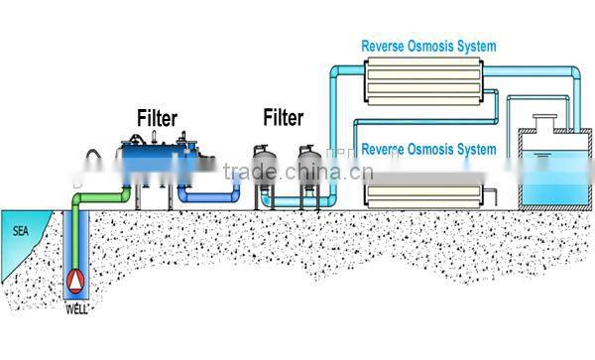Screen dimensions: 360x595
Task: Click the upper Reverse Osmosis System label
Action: pyautogui.click(x=428, y=46)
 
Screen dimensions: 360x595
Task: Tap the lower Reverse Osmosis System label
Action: pyautogui.click(x=428, y=150)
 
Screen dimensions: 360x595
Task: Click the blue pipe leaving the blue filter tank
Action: pyautogui.click(x=213, y=199)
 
